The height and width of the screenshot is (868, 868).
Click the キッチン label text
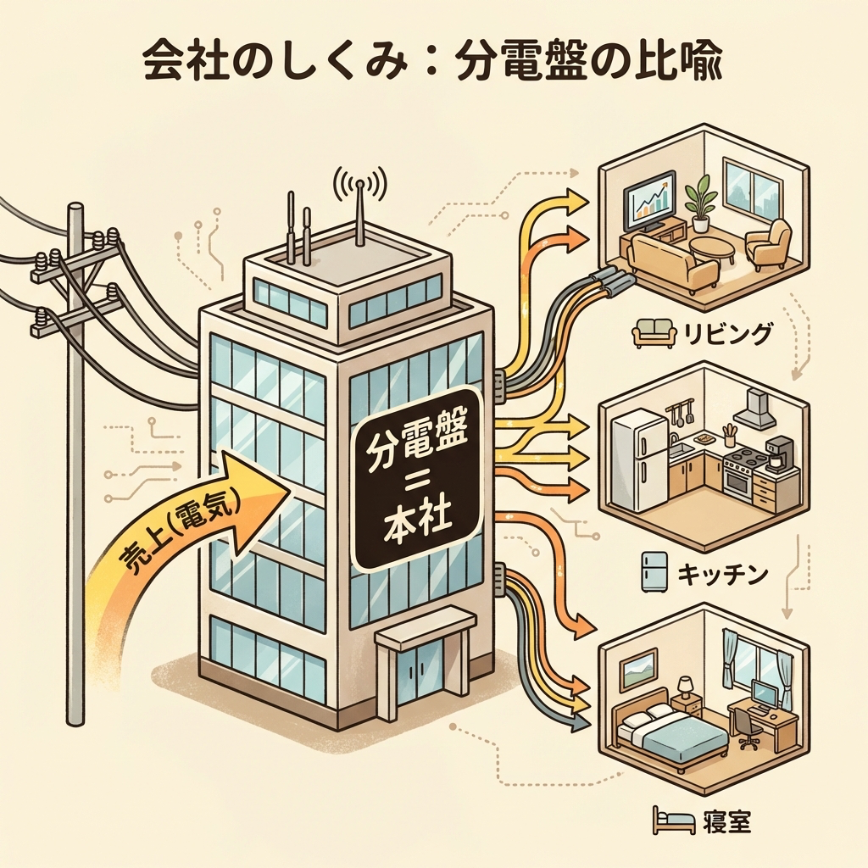click(x=722, y=575)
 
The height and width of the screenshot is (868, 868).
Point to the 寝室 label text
click(x=726, y=821)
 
